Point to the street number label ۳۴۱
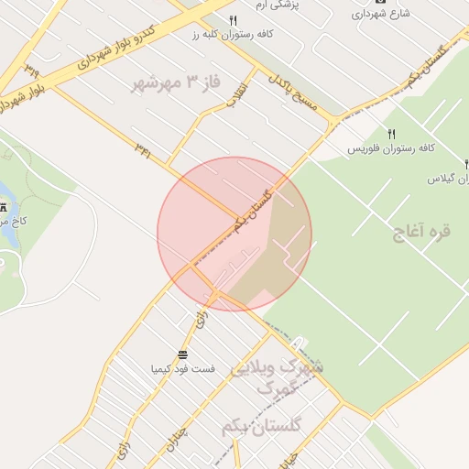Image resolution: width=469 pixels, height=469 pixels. coord(143,147)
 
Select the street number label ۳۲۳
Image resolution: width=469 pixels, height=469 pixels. coord(33,70)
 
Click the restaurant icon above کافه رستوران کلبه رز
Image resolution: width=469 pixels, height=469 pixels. coord(234,20)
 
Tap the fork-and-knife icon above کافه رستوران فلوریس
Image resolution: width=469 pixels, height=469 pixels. coord(392,134)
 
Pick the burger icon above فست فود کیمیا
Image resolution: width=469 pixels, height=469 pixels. coord(183,354)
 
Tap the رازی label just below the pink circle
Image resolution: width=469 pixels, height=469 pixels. coord(201,320)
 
